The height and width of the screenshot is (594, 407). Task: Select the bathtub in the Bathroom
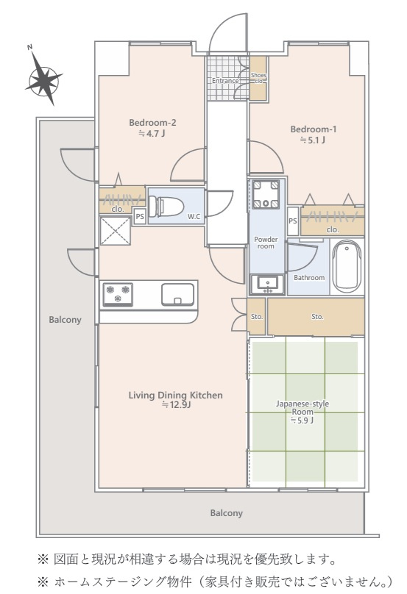pyautogui.click(x=347, y=266)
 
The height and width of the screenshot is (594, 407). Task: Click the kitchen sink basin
pyautogui.click(x=178, y=294)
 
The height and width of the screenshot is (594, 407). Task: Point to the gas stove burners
pyautogui.click(x=118, y=294)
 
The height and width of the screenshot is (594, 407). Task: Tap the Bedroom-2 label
pyautogui.click(x=152, y=123)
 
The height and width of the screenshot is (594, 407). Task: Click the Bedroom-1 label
pyautogui.click(x=314, y=129)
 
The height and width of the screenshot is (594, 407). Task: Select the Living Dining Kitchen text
pyautogui.click(x=176, y=395)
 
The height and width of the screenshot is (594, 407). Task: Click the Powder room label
pyautogui.click(x=266, y=243)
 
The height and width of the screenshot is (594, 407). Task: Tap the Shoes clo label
pyautogui.click(x=258, y=78)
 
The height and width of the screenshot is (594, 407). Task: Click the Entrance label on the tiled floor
pyautogui.click(x=225, y=81)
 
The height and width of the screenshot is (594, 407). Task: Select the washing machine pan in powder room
pyautogui.click(x=266, y=194)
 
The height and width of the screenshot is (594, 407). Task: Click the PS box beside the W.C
pyautogui.click(x=140, y=217)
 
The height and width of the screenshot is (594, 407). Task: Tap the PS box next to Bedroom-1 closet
pyautogui.click(x=292, y=221)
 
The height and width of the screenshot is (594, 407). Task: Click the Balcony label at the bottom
pyautogui.click(x=227, y=513)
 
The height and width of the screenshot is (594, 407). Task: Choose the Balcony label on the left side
pyautogui.click(x=65, y=320)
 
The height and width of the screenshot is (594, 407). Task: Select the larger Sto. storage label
pyautogui.click(x=317, y=317)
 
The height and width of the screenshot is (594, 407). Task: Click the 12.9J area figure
pyautogui.click(x=176, y=405)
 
